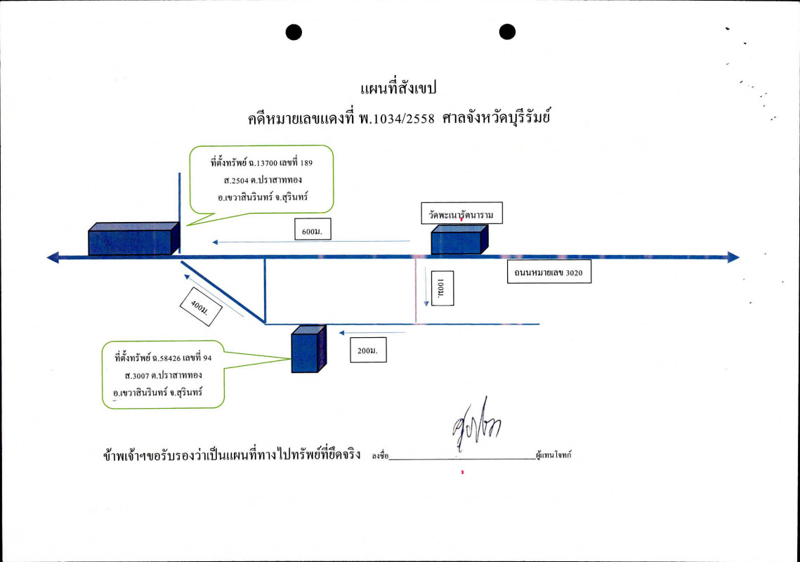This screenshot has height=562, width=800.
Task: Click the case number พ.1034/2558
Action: [395, 119]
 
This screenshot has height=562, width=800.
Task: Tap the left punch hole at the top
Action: [294, 32]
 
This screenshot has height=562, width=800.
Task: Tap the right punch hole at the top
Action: [507, 32]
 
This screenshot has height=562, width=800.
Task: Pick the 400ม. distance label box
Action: [200, 307]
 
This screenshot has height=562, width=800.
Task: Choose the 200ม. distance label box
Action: [368, 350]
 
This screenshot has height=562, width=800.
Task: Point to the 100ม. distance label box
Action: [442, 288]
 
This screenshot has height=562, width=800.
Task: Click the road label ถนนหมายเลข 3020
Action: [549, 272]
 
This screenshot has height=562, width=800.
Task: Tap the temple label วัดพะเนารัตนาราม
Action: [461, 213]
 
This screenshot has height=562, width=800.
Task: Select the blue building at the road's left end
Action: [133, 240]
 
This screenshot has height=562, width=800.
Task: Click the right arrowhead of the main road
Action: [733, 257]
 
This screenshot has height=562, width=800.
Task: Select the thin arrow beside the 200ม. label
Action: [372, 332]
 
